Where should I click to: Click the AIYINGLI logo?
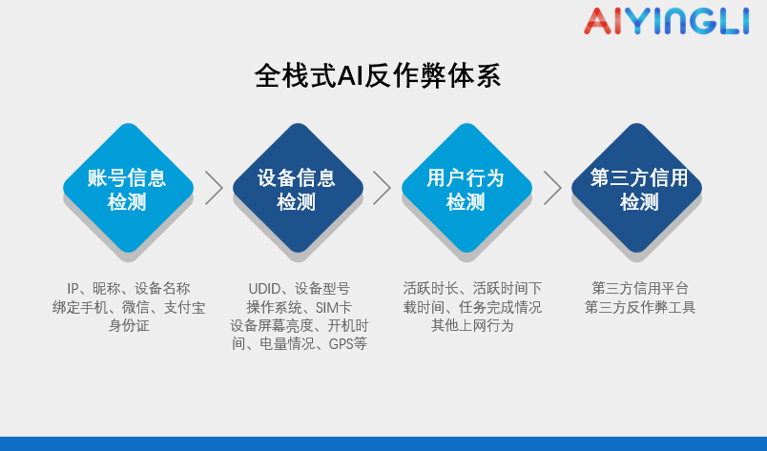(666, 21)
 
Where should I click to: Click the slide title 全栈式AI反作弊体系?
(378, 76)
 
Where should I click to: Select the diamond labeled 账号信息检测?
(128, 188)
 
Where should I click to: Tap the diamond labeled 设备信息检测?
(298, 188)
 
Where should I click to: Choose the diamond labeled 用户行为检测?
(466, 188)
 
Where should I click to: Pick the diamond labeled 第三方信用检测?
(636, 188)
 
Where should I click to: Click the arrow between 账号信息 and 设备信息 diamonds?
(214, 188)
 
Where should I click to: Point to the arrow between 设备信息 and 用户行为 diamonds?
(382, 188)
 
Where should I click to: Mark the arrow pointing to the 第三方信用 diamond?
(552, 188)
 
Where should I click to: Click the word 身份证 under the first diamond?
(129, 325)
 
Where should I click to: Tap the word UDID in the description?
(264, 289)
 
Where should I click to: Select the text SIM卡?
(334, 307)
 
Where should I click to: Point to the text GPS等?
(348, 344)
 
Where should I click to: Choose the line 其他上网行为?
(472, 325)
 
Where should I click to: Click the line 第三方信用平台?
(640, 288)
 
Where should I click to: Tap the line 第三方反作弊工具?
(640, 307)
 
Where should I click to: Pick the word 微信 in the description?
(135, 307)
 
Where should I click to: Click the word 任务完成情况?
(500, 307)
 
